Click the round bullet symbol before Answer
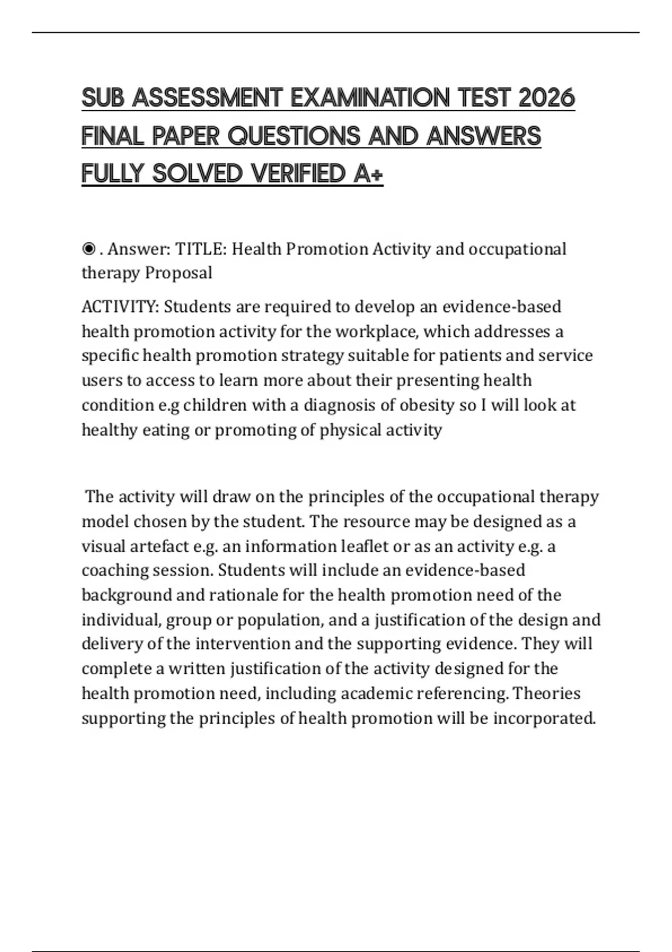click(x=88, y=249)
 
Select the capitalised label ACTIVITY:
click(x=120, y=307)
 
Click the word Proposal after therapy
click(x=179, y=273)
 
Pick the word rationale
click(x=244, y=595)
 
